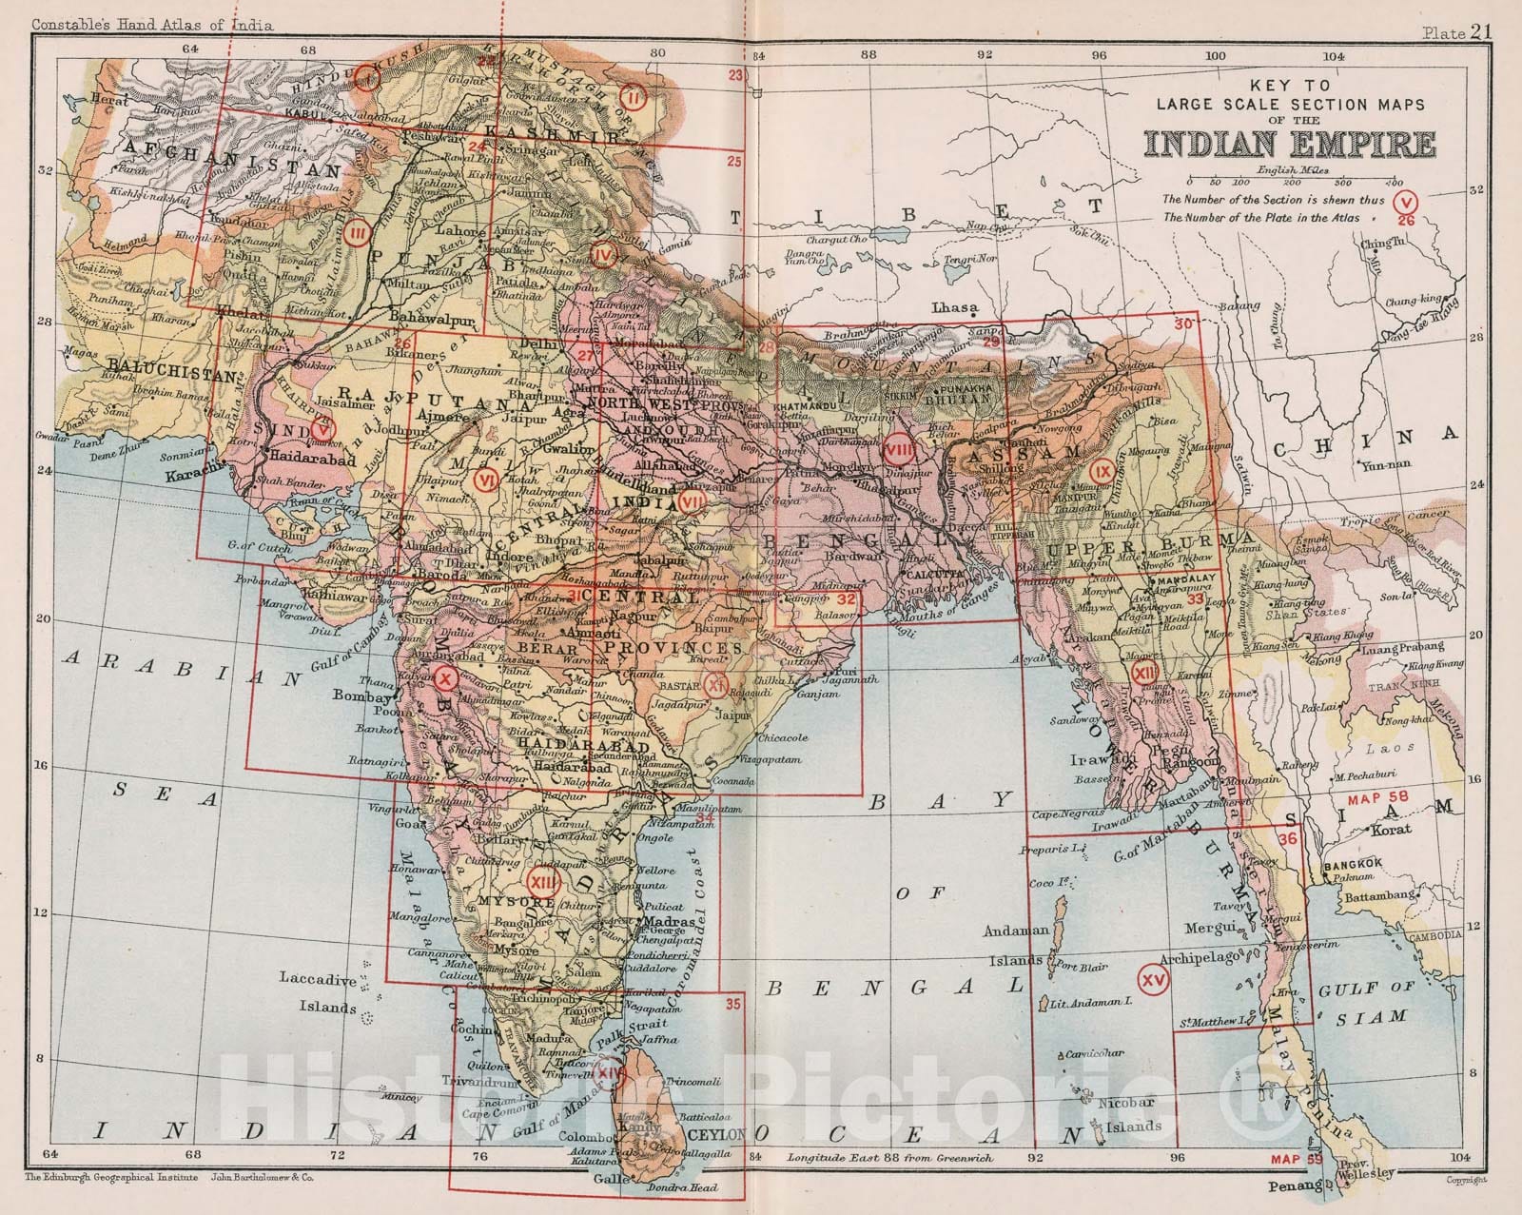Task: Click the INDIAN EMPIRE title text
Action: point(1290,144)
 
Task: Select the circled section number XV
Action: point(1155,979)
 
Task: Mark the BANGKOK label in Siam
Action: point(1350,864)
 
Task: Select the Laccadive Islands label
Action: point(318,993)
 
